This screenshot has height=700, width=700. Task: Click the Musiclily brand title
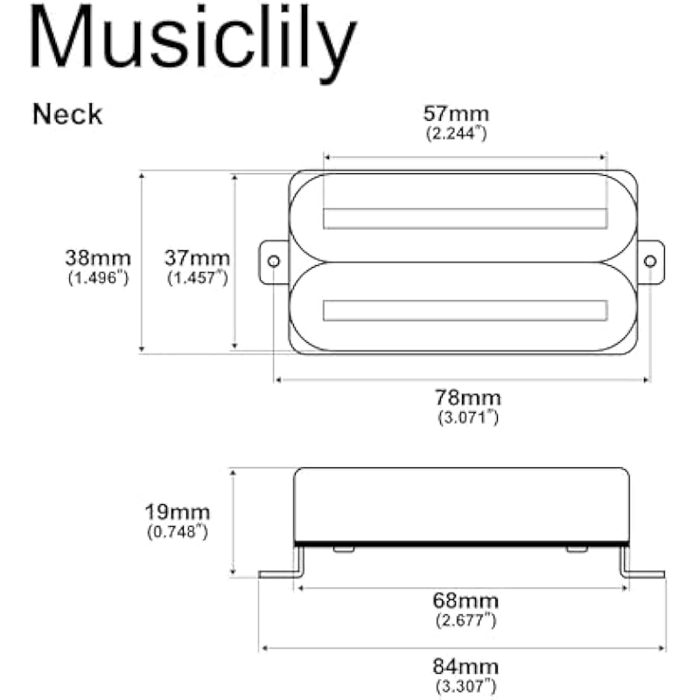[x=192, y=41]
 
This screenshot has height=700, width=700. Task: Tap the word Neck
[x=67, y=115]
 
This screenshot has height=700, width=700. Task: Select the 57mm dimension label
[x=456, y=114]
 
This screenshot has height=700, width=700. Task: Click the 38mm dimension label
[x=98, y=258]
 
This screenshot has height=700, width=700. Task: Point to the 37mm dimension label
[x=198, y=258]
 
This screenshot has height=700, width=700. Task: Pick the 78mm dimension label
[x=468, y=398]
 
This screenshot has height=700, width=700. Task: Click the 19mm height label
[x=178, y=512]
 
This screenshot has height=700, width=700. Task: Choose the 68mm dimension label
[x=465, y=600]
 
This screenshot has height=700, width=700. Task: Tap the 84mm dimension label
[x=465, y=667]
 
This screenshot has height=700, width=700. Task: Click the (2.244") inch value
[x=456, y=133]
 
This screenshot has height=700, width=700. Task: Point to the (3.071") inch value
[x=468, y=417]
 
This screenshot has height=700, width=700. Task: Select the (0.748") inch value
[x=178, y=532]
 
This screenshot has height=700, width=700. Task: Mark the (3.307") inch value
[x=465, y=686]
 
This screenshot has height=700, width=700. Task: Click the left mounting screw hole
[x=274, y=261]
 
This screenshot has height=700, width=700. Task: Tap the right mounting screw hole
[x=650, y=261]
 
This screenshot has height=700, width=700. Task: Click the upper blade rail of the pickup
[x=465, y=218]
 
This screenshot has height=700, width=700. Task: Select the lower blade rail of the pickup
[x=465, y=311]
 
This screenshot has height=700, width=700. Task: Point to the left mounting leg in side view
[x=281, y=563]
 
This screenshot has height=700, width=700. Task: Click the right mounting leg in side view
[x=642, y=563]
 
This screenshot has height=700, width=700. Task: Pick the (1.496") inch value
[x=98, y=277]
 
